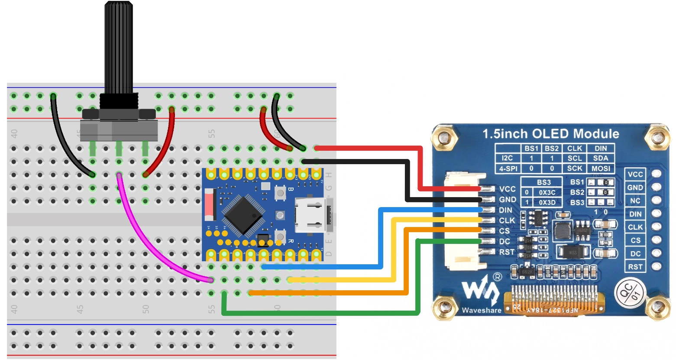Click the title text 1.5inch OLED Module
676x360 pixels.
coord(550,134)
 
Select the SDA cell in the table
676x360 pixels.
coord(600,158)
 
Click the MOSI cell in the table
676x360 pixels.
coord(600,169)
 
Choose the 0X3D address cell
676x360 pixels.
coord(547,202)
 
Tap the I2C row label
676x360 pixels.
coord(507,158)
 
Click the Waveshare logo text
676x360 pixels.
coord(481,310)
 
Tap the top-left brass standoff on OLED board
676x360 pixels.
coord(443,137)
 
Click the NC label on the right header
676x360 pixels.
coord(635,201)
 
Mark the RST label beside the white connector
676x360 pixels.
coord(507,252)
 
